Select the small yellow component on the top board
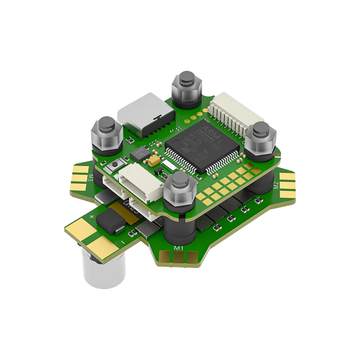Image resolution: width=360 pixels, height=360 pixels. pyautogui.click(x=154, y=163)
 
